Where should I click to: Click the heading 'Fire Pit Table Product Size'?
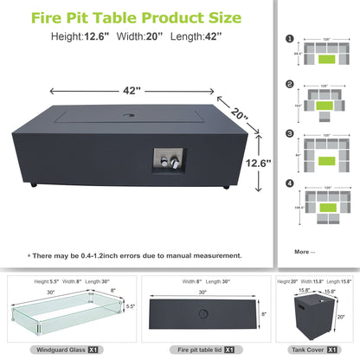pyautogui.click(x=136, y=16)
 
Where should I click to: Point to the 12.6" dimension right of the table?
pyautogui.click(x=260, y=162)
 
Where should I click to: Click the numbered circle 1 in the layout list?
pyautogui.click(x=288, y=38)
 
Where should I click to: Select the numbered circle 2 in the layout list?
pyautogui.click(x=288, y=85)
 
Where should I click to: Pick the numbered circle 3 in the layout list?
pyautogui.click(x=288, y=133)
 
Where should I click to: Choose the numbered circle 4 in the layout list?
pyautogui.click(x=288, y=183)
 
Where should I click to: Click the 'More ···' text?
pyautogui.click(x=305, y=252)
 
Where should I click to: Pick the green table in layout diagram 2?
pyautogui.click(x=325, y=106)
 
